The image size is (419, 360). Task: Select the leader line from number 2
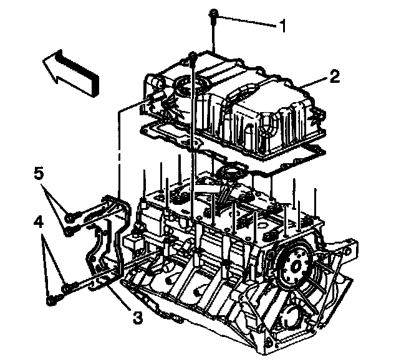click(314, 82)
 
